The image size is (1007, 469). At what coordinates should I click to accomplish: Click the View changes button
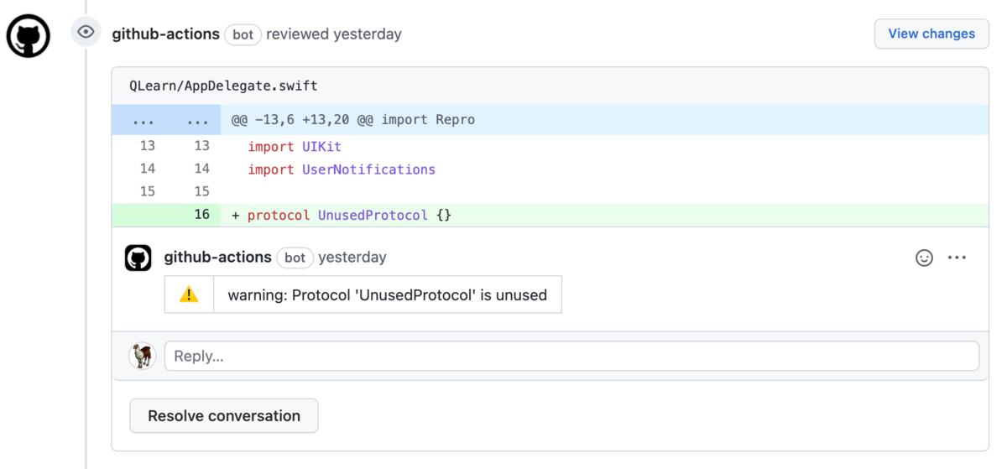[931, 34]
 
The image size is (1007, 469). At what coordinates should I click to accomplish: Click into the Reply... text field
[571, 356]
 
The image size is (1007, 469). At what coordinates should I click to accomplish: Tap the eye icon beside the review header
[86, 33]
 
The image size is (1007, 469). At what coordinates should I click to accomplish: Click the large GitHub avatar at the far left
[29, 36]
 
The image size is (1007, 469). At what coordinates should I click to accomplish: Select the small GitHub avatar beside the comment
[138, 258]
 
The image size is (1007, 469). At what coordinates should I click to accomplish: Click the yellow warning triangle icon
[189, 294]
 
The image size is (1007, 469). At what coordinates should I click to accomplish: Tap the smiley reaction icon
[924, 258]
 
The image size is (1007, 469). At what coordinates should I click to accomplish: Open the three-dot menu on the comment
[957, 258]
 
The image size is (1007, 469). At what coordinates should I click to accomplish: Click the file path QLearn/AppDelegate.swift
[223, 86]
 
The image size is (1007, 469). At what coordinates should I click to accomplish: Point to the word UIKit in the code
[321, 147]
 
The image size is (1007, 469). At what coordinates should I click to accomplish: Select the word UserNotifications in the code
[368, 169]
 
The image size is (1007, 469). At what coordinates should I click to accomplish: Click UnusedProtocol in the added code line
[373, 215]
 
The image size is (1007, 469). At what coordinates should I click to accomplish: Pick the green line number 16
[201, 215]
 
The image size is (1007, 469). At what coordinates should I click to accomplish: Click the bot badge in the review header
[243, 34]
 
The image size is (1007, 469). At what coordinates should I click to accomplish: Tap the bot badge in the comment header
[295, 258]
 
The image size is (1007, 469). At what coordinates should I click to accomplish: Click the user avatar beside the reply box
[143, 356]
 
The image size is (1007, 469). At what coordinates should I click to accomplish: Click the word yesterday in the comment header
[352, 258]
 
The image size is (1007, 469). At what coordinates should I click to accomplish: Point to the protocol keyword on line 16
[279, 215]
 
